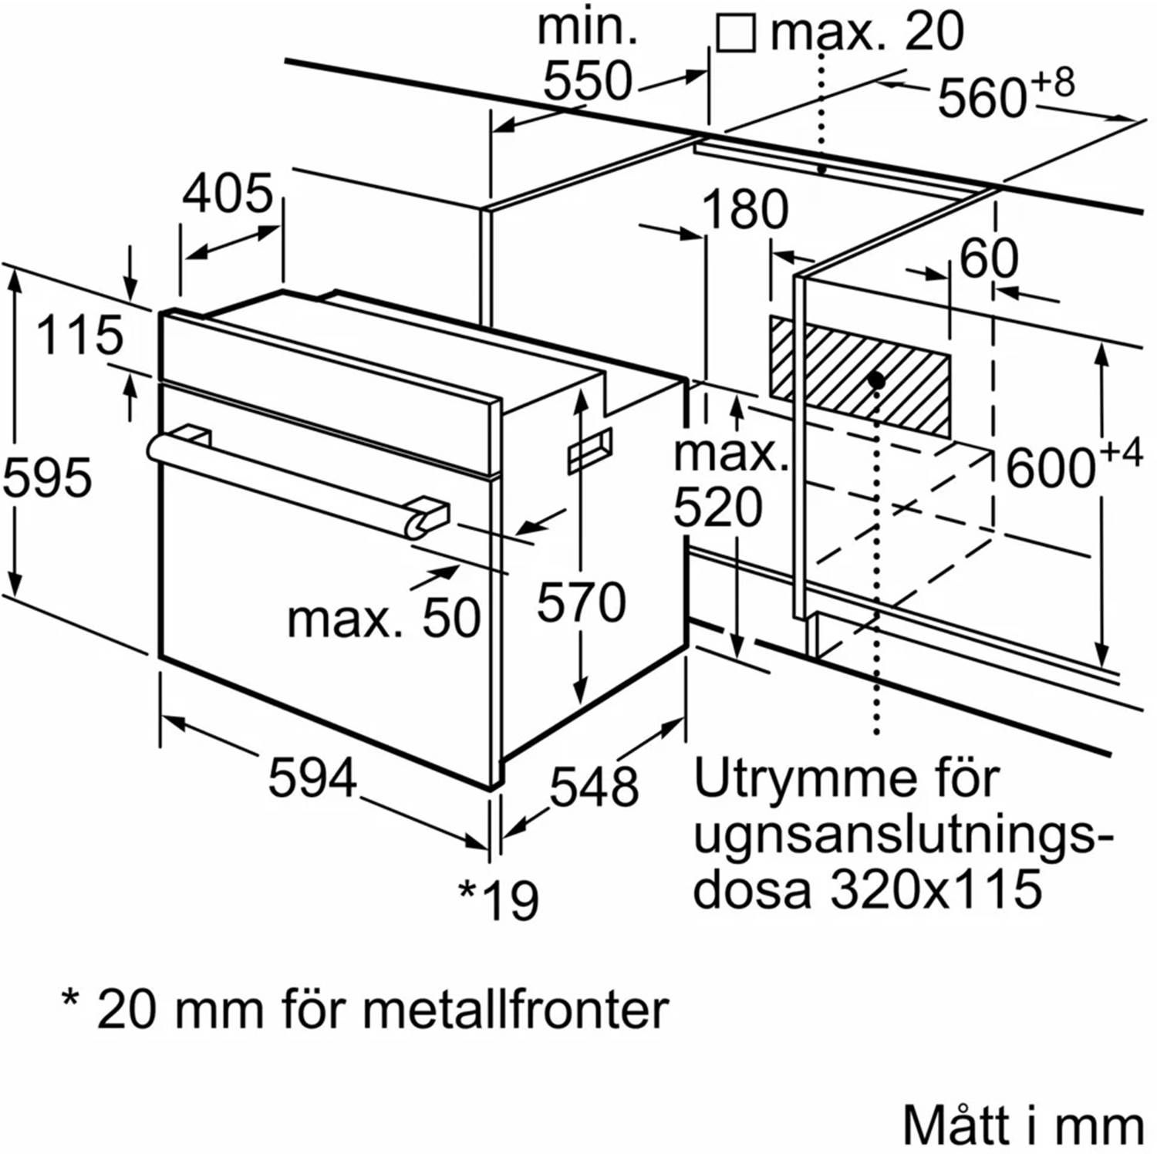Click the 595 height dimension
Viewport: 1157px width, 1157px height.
(48, 477)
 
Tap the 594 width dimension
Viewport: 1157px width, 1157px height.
(312, 778)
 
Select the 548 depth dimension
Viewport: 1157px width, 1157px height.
(594, 787)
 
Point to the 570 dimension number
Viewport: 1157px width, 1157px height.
(581, 602)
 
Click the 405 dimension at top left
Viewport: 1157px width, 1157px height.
(228, 193)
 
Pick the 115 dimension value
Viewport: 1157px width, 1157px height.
(79, 336)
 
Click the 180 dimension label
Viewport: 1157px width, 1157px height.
(744, 209)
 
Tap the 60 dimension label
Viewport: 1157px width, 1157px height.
(989, 258)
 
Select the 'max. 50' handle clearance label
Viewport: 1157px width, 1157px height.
(383, 618)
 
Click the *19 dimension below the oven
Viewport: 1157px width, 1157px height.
(499, 899)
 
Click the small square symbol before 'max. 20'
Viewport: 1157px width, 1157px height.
(735, 34)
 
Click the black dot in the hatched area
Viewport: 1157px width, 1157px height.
(875, 380)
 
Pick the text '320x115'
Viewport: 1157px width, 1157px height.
(936, 889)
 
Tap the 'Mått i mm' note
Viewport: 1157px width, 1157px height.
(1023, 1127)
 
